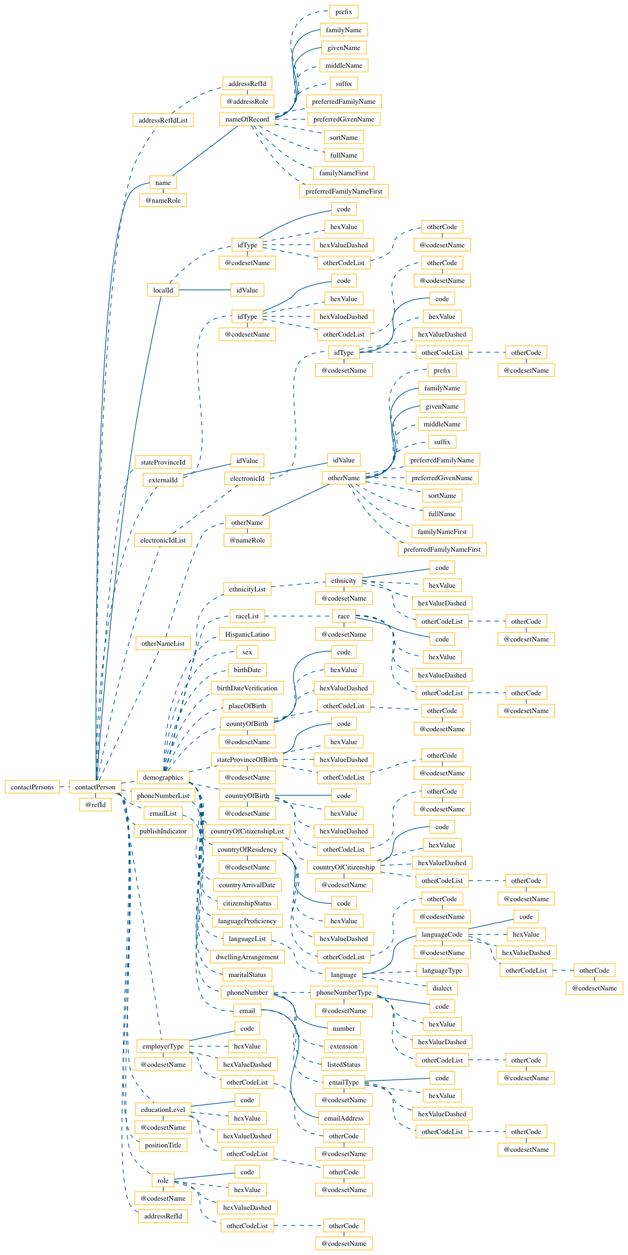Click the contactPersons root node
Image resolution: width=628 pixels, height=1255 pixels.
[x=32, y=787]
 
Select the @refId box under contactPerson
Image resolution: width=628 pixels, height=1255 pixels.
[x=96, y=804]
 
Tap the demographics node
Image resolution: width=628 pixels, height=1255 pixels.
[x=163, y=777]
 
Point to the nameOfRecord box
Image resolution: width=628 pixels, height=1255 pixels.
[x=247, y=119]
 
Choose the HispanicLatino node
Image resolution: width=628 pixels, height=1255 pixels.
[x=247, y=634]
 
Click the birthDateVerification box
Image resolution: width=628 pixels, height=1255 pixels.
[x=247, y=688]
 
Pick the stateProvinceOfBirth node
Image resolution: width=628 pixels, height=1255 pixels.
[x=247, y=759]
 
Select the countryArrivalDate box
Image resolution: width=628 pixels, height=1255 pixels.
[x=247, y=885]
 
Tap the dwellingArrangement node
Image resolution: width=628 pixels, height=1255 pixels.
[x=247, y=957]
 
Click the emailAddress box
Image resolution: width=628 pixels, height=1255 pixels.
[x=344, y=1118]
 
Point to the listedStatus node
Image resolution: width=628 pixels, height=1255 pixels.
[x=344, y=1064]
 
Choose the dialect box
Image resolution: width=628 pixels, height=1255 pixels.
[x=442, y=988]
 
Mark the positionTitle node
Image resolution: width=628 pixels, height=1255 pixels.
[x=163, y=1145]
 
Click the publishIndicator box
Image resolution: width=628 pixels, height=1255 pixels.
[x=163, y=831]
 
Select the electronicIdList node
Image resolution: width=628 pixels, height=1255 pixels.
[x=163, y=540]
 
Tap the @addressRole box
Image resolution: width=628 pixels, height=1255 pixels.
[x=247, y=101]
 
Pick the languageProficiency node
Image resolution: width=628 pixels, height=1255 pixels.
[x=247, y=921]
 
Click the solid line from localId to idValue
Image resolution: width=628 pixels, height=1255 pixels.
[x=205, y=290]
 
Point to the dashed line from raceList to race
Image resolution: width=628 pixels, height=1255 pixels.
[x=298, y=616]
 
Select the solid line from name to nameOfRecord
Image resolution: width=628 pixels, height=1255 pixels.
[x=205, y=151]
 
